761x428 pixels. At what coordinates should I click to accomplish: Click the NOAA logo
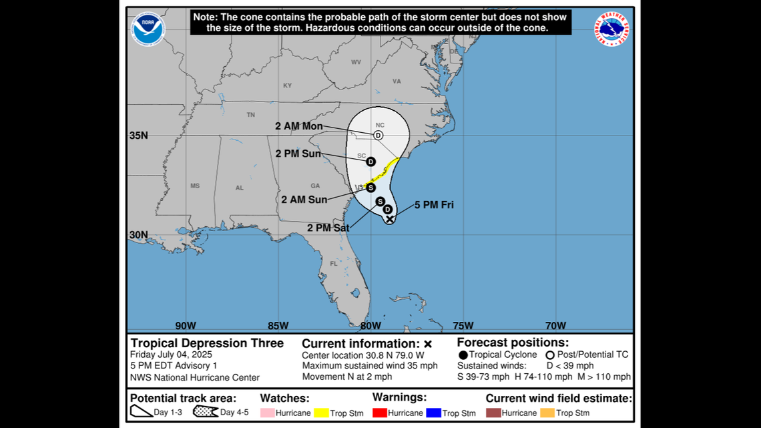pos(148,29)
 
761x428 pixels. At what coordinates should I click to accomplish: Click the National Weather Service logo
pos(611,29)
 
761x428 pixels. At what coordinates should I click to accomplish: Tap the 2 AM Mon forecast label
pos(299,126)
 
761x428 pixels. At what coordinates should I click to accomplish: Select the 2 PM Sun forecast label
pos(298,154)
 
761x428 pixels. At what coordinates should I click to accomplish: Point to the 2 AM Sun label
pos(304,199)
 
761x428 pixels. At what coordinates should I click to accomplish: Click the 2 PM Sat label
pos(328,227)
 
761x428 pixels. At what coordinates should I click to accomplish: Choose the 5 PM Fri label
pos(434,205)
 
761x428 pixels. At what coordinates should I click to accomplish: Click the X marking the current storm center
pos(390,219)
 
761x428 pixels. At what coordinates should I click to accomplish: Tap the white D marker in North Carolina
pos(378,135)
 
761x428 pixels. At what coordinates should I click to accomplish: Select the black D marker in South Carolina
pos(370,162)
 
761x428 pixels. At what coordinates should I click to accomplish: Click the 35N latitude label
pos(139,136)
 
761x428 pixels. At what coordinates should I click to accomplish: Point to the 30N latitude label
pos(139,235)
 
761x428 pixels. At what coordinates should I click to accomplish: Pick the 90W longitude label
pos(186,326)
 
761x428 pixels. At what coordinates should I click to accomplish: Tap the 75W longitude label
pos(463,326)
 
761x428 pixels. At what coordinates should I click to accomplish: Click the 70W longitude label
pos(555,326)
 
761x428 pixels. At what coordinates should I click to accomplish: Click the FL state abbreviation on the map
pos(334,264)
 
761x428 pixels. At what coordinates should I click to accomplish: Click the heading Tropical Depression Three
pos(207,343)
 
